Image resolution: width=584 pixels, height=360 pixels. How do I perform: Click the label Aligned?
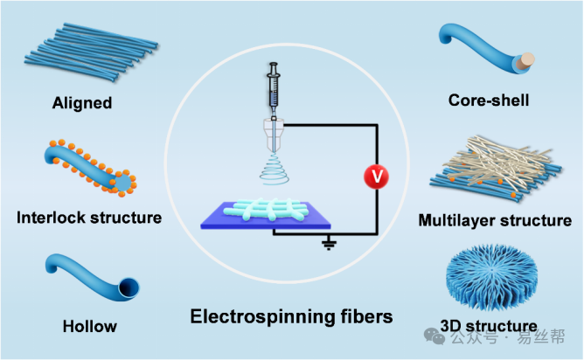pos(81,103)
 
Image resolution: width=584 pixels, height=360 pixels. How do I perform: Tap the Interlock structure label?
pos(89,217)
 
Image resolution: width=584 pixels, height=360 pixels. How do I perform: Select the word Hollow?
pos(89,327)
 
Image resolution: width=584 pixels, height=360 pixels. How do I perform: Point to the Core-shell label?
pos(489,100)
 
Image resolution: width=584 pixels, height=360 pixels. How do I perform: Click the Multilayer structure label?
pos(494,219)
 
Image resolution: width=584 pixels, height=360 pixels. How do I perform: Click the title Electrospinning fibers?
pos(292,315)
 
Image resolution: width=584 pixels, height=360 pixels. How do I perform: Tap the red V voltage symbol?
pos(376,177)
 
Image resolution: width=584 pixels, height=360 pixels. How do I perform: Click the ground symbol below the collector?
pos(329,244)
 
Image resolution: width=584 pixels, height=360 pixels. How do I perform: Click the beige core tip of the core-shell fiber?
pos(527,62)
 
